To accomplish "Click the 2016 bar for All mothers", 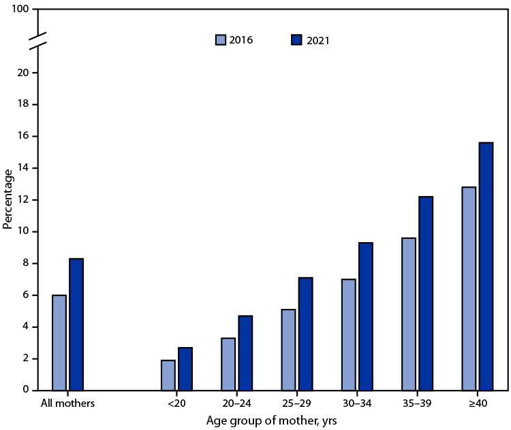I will tap(59, 343).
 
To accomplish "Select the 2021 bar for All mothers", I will tap(76, 325).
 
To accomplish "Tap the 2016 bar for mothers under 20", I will tap(168, 375).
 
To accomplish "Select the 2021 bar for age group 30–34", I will tap(365, 316).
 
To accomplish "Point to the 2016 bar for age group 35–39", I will tap(409, 314).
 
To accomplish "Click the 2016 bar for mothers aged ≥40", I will tap(469, 288).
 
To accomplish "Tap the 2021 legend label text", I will tap(318, 40).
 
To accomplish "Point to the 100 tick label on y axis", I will tap(20, 10).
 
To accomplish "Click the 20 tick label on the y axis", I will tap(22, 73).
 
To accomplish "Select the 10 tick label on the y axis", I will tap(22, 231).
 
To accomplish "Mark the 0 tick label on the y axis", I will tap(25, 391).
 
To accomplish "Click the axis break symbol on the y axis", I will tap(38, 40).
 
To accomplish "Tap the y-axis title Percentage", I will tap(7, 199).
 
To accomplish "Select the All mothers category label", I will tap(67, 403).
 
